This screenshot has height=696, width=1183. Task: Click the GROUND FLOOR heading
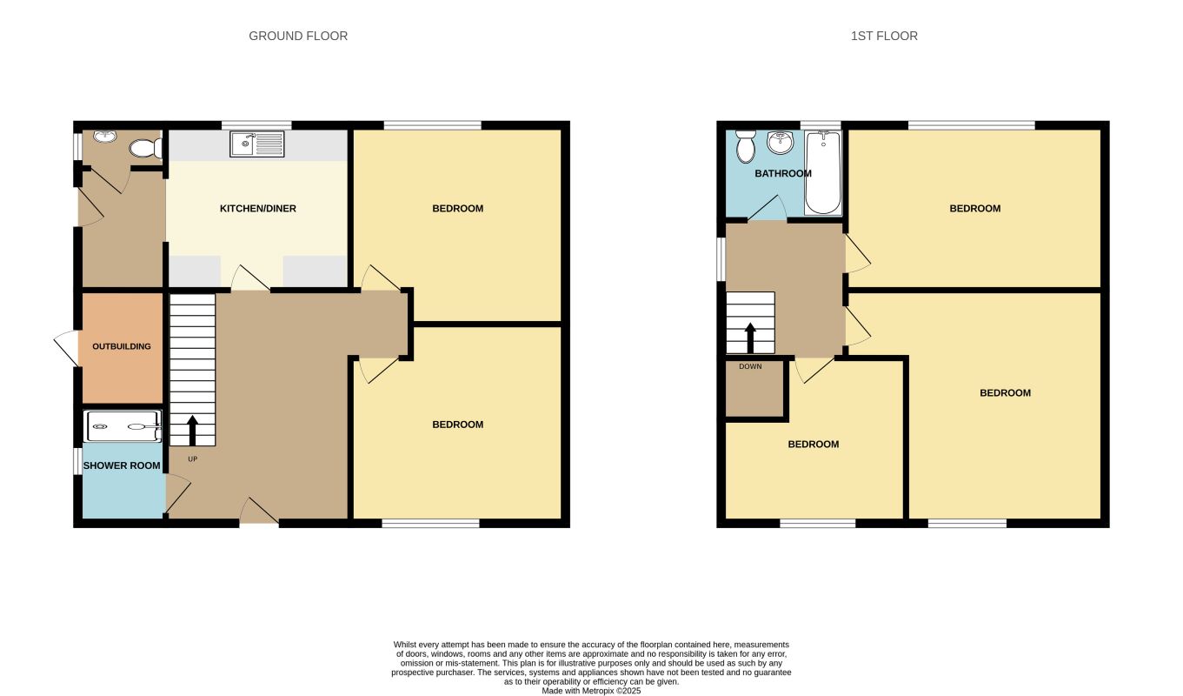pyautogui.click(x=298, y=36)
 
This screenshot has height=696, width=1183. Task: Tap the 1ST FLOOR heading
pyautogui.click(x=884, y=36)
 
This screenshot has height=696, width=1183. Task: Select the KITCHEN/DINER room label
pyautogui.click(x=258, y=209)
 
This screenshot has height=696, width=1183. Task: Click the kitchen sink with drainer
pyautogui.click(x=256, y=144)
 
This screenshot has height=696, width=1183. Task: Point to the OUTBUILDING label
pyautogui.click(x=122, y=346)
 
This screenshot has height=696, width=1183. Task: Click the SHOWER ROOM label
pyautogui.click(x=122, y=465)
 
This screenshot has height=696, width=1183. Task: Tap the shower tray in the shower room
pyautogui.click(x=123, y=426)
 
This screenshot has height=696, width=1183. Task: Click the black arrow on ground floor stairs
pyautogui.click(x=192, y=431)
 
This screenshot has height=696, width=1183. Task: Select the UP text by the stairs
pyautogui.click(x=193, y=459)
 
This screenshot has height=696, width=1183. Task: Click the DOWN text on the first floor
pyautogui.click(x=750, y=366)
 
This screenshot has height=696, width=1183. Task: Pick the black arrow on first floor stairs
pyautogui.click(x=750, y=338)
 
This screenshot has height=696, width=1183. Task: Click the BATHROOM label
pyautogui.click(x=783, y=173)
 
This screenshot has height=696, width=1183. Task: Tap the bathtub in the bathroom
pyautogui.click(x=823, y=172)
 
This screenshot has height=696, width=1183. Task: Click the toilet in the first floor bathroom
pyautogui.click(x=746, y=146)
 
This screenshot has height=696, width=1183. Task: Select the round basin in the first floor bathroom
pyautogui.click(x=780, y=142)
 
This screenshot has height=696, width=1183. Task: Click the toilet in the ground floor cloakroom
pyautogui.click(x=145, y=149)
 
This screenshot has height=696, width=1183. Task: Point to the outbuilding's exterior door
pyautogui.click(x=67, y=348)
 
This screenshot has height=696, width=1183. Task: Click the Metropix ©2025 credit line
pyautogui.click(x=591, y=691)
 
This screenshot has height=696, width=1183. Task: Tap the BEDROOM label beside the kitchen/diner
pyautogui.click(x=458, y=209)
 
